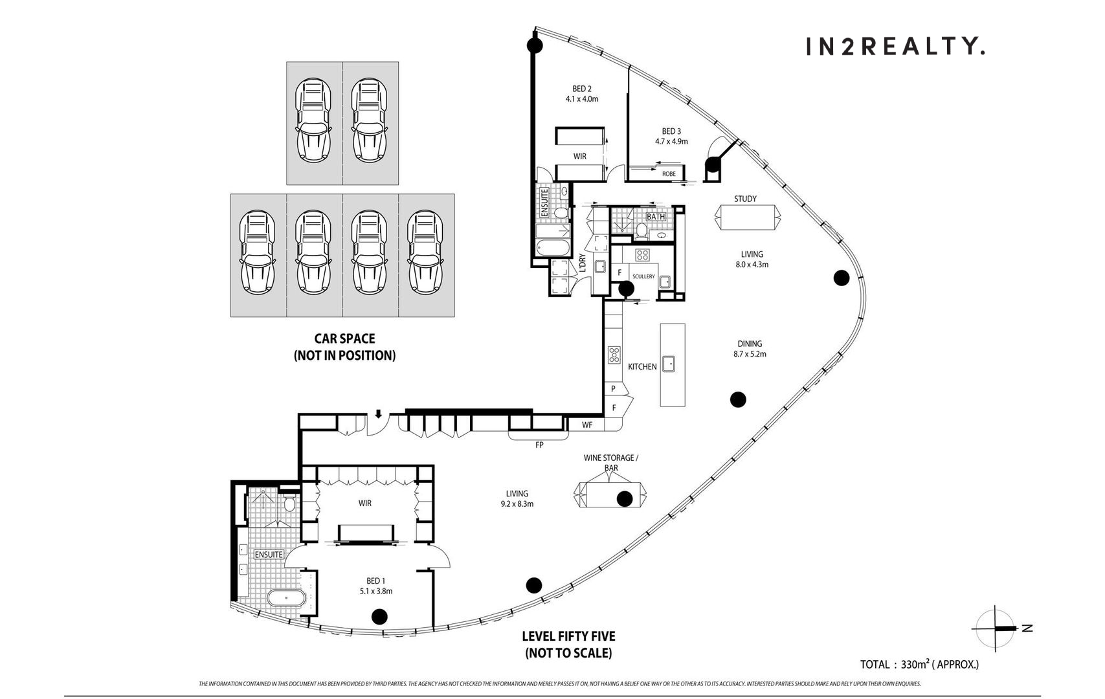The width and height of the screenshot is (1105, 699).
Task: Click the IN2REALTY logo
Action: click(895, 47)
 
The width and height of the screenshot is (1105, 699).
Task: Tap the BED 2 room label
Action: click(581, 89)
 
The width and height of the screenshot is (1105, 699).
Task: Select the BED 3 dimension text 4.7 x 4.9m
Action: click(671, 142)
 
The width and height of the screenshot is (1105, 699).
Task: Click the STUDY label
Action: click(745, 199)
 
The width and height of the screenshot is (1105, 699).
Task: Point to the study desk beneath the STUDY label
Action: click(748, 217)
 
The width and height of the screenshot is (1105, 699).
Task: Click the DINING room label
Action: click(750, 344)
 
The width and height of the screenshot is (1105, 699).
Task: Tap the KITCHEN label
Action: click(642, 366)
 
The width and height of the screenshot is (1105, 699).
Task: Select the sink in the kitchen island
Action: click(669, 364)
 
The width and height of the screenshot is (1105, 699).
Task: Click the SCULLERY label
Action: click(643, 276)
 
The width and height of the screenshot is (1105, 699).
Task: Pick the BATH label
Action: click(656, 217)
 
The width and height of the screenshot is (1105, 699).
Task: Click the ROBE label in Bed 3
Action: click(669, 173)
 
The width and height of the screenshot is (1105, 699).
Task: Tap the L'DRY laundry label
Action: click(582, 263)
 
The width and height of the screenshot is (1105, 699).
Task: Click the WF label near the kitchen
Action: click(587, 425)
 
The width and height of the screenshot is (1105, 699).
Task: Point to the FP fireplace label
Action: click(539, 445)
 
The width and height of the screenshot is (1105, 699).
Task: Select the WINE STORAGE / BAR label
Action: click(610, 463)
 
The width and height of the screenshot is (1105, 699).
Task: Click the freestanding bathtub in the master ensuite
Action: click(287, 598)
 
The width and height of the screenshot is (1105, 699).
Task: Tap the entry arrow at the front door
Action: click(378, 414)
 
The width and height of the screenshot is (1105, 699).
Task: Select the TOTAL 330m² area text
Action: click(919, 664)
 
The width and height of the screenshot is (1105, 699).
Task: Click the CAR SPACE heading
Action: click(345, 338)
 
